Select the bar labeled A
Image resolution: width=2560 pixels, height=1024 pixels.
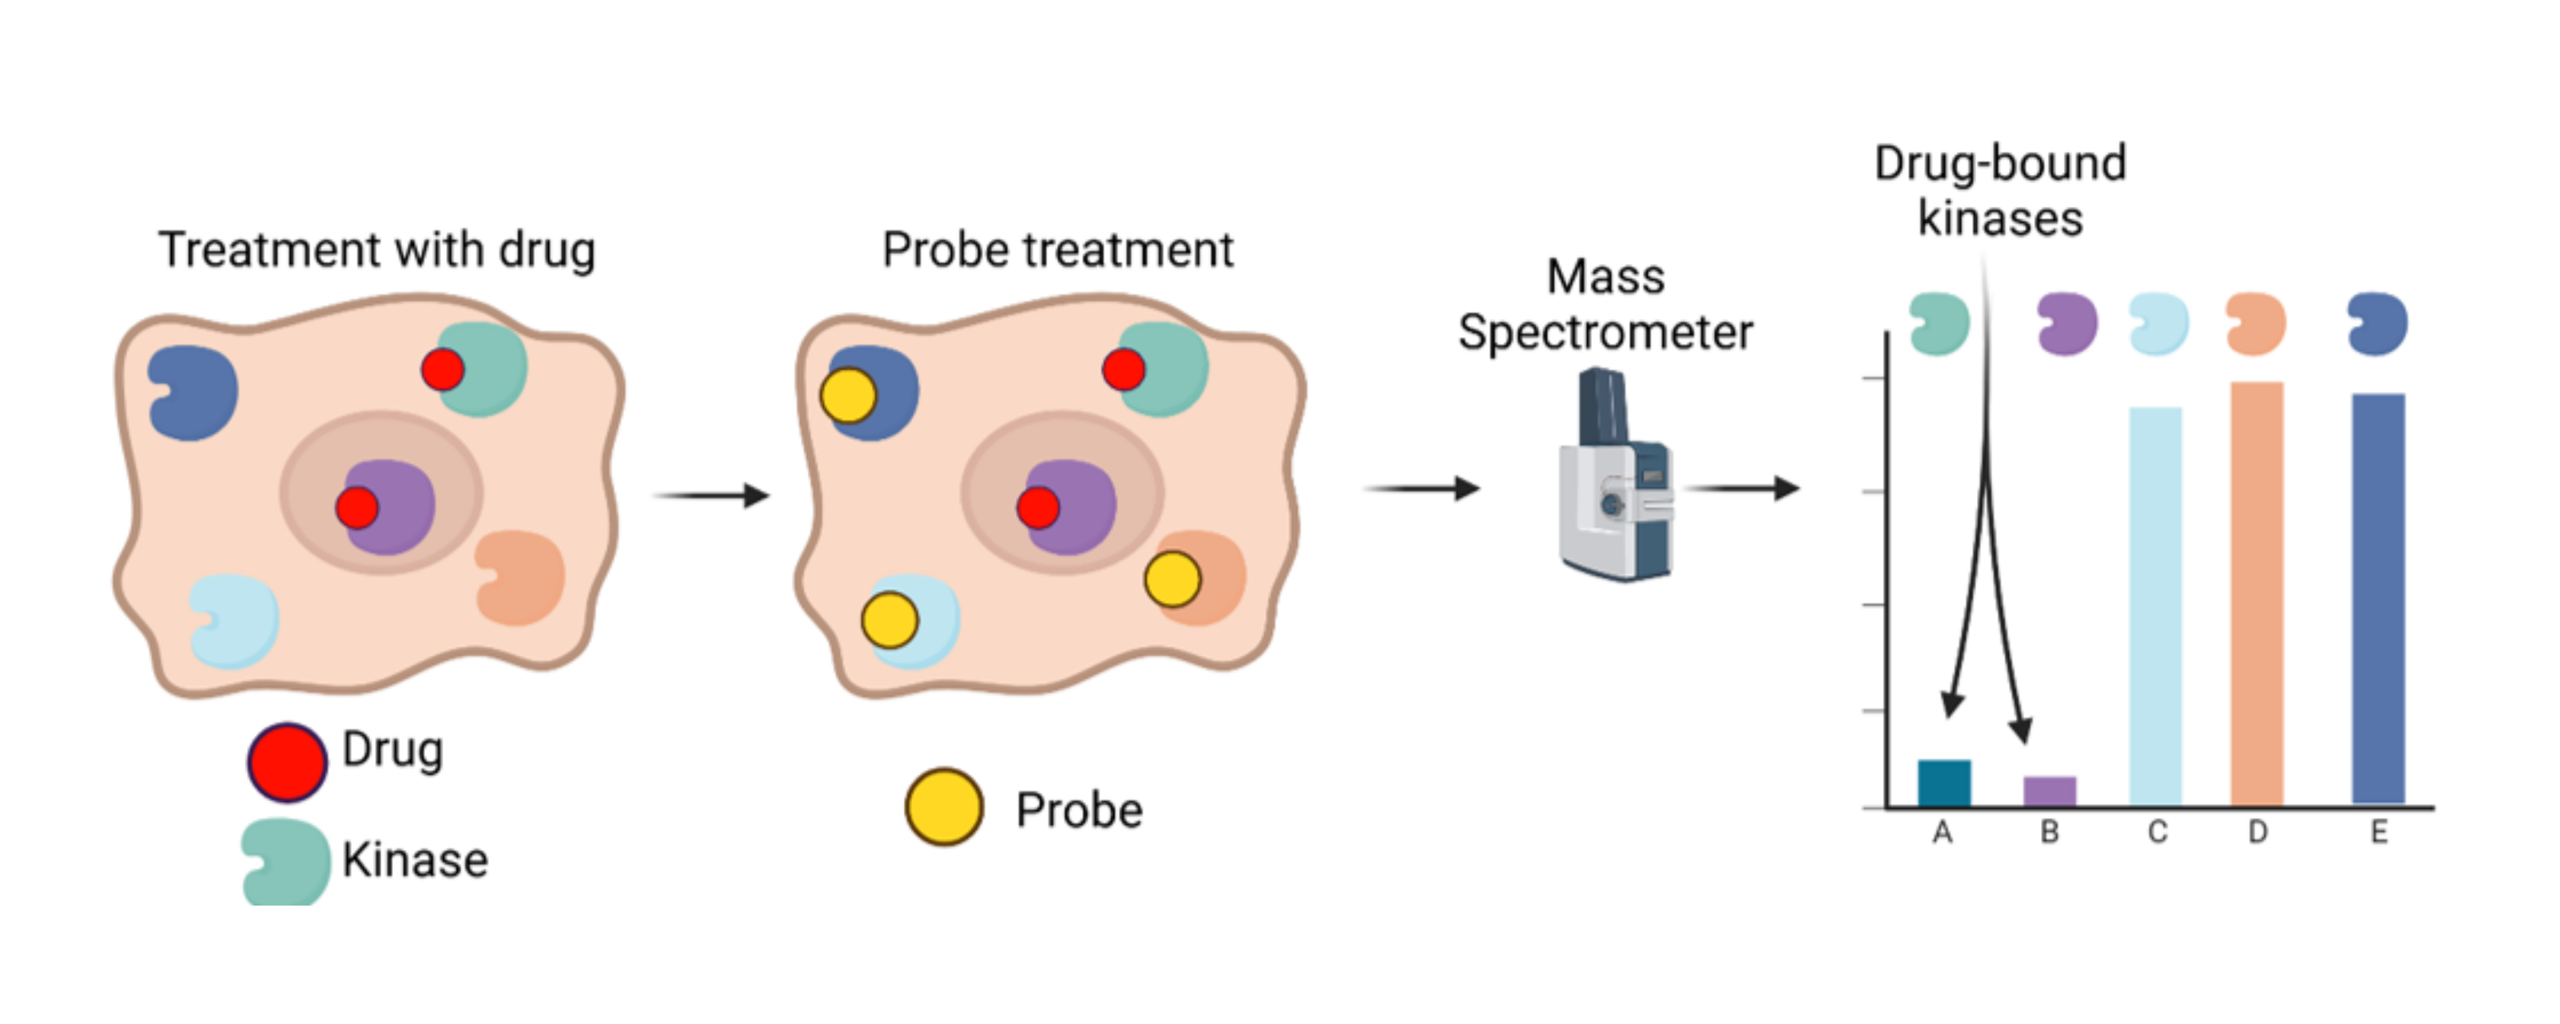[x=1944, y=783]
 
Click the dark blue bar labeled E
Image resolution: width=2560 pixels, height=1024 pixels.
[x=2378, y=598]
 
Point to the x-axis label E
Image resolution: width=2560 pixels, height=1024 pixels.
[x=2378, y=831]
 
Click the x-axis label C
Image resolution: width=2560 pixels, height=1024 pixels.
[x=2157, y=831]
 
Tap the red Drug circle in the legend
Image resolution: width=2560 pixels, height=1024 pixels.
[x=287, y=762]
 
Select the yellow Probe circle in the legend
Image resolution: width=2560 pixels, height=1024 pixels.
[x=944, y=806]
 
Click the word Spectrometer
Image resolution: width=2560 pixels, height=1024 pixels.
[x=1605, y=332]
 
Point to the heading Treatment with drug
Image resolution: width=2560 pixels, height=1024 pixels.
[x=377, y=250]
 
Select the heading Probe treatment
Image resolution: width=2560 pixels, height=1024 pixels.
[x=1057, y=250]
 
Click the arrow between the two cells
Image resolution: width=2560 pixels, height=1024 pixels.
[x=712, y=495]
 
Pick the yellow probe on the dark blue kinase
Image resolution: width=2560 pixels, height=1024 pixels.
[x=848, y=395]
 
